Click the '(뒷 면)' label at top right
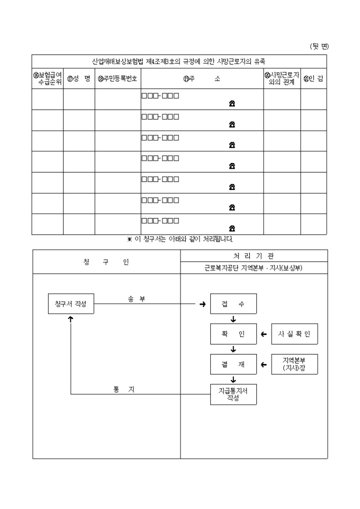coord(319,47)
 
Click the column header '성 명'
coord(79,79)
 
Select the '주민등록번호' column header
coord(118,79)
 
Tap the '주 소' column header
coord(202,79)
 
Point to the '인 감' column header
coord(313,79)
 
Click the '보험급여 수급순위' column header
coord(47,79)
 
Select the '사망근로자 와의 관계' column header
coord(282,79)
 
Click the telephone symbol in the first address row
coord(232,104)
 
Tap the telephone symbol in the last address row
coord(232,229)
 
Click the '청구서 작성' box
coord(71,304)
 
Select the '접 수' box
coord(233,304)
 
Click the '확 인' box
coord(233,334)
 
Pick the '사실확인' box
coord(294,334)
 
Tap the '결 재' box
coord(233,364)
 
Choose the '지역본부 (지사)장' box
coord(294,364)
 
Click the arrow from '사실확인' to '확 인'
coord(264,334)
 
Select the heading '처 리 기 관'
coord(254,256)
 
